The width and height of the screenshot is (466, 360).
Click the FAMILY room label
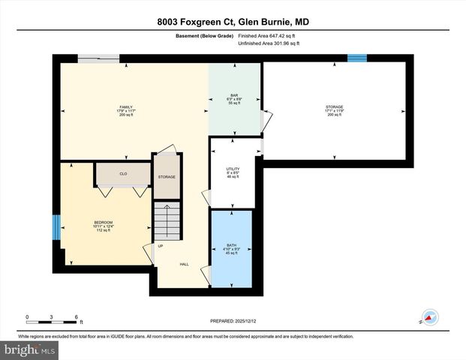click(126, 107)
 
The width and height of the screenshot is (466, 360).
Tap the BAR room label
click(234, 95)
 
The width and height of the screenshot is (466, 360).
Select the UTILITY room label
click(233, 169)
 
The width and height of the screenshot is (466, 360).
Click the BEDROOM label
click(103, 222)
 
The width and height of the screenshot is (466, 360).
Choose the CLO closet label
click(123, 173)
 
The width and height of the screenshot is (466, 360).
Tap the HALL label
click(184, 264)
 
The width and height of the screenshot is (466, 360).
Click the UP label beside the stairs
click(160, 247)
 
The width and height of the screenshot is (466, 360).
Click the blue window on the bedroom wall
click(56, 227)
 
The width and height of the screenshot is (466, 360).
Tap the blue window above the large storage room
click(356, 58)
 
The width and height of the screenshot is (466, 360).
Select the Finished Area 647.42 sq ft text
click(269, 34)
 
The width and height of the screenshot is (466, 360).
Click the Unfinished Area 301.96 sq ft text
click(269, 43)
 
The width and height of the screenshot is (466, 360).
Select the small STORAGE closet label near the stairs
click(167, 177)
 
